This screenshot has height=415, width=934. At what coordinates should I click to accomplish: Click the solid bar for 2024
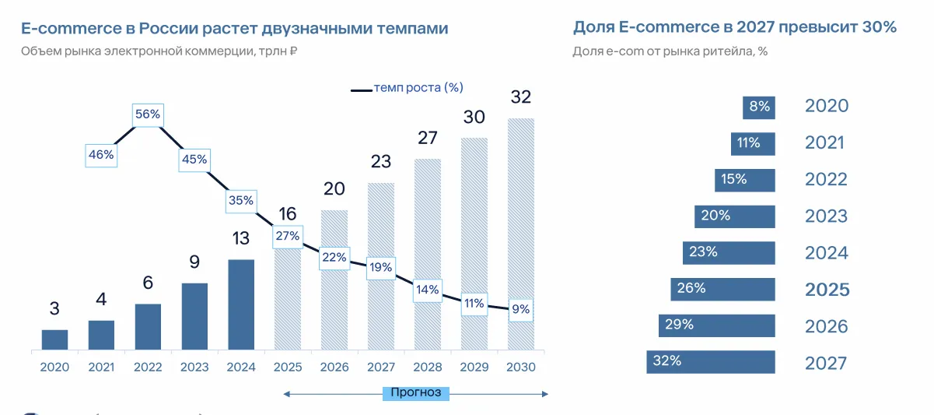pos(241,304)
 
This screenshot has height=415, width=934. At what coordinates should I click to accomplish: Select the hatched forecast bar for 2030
pos(521,234)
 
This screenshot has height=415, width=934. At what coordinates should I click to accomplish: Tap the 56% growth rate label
pos(148,114)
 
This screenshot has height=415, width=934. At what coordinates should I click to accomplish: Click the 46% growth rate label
pos(101,154)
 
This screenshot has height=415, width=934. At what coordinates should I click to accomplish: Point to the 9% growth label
pos(521,309)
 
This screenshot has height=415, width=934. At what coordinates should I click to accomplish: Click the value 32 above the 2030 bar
pos(521,97)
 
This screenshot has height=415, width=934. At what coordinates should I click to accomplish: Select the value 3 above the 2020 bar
pos(54,308)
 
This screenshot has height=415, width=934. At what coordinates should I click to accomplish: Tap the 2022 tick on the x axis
pos(148,368)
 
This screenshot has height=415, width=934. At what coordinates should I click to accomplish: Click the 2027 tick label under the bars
pos(381,368)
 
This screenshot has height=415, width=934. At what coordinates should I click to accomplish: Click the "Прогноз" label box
pos(416,392)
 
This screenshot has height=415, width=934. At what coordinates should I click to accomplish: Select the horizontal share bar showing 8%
pos(758,107)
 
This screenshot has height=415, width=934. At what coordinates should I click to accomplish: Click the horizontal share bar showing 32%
pos(711,361)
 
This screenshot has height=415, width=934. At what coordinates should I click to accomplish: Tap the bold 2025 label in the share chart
pos(827,290)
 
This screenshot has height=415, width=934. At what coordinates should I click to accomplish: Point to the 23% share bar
pos(729,252)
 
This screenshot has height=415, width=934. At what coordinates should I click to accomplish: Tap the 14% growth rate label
pos(428,290)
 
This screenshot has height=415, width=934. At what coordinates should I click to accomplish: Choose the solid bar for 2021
pos(101,335)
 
